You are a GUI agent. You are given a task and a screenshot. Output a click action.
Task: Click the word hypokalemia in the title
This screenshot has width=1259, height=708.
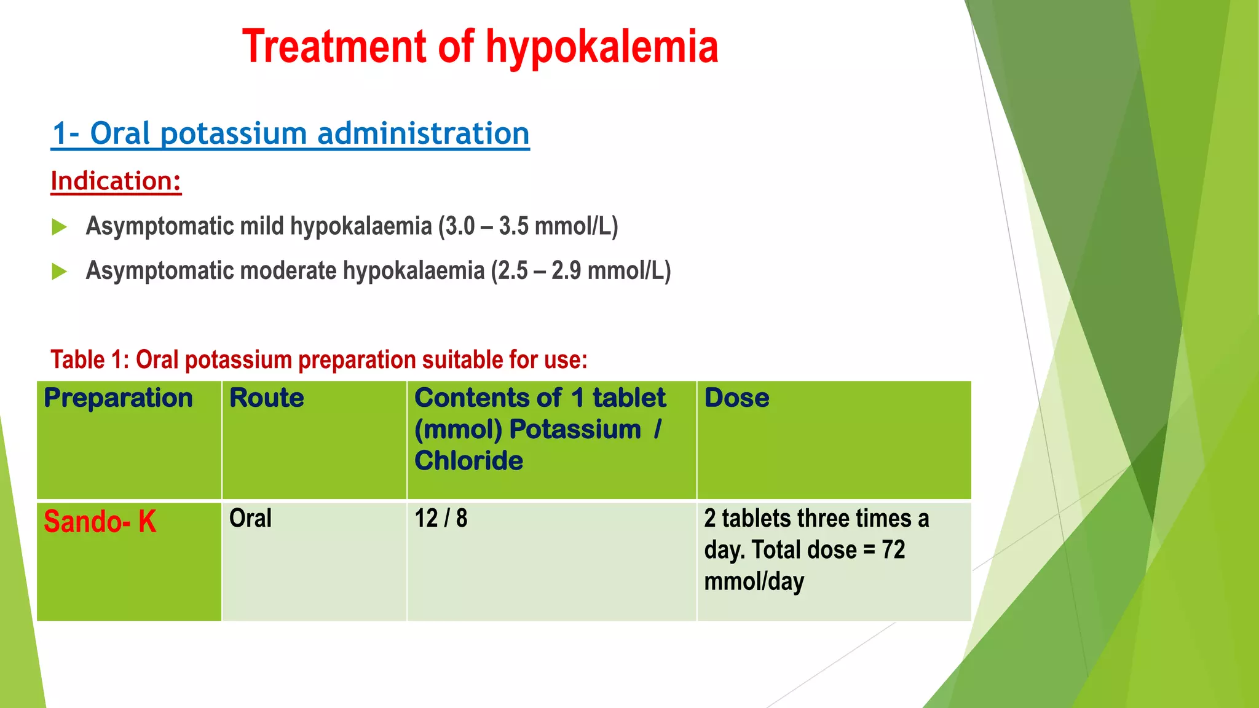pos(602,47)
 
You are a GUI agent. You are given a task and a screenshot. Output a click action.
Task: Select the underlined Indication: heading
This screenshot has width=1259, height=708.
pos(116,181)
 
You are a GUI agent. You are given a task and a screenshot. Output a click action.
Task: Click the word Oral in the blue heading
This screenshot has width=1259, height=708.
pos(120,133)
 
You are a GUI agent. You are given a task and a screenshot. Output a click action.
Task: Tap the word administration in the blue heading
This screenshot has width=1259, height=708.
pos(423,133)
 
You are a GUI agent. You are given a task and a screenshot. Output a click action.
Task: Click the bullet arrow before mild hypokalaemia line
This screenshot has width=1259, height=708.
pos(59,227)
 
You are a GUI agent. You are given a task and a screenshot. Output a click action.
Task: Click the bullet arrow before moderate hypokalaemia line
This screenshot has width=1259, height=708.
pos(59,271)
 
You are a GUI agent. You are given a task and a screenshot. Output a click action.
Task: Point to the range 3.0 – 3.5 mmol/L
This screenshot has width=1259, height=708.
pos(528,226)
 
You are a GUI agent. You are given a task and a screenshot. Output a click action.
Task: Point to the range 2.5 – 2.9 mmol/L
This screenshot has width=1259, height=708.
pos(581,271)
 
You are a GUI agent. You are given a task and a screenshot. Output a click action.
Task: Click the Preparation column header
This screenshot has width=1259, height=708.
pos(118,398)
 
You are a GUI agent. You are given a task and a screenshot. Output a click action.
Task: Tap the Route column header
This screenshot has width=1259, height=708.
pos(266,398)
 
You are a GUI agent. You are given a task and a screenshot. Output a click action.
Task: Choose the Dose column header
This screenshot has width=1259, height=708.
pos(736,398)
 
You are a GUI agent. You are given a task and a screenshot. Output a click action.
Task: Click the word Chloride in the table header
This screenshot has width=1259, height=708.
pos(468,461)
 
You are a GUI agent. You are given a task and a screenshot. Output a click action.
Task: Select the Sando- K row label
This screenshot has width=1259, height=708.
pos(100,522)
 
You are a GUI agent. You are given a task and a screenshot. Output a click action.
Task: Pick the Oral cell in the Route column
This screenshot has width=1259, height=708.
pos(250,519)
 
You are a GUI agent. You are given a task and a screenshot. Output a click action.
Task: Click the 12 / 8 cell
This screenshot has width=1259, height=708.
pos(441,519)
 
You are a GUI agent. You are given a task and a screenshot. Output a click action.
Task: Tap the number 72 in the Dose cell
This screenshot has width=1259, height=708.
pos(893,550)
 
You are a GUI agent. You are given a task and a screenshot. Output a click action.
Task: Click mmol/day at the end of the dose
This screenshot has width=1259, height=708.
pos(754,581)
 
